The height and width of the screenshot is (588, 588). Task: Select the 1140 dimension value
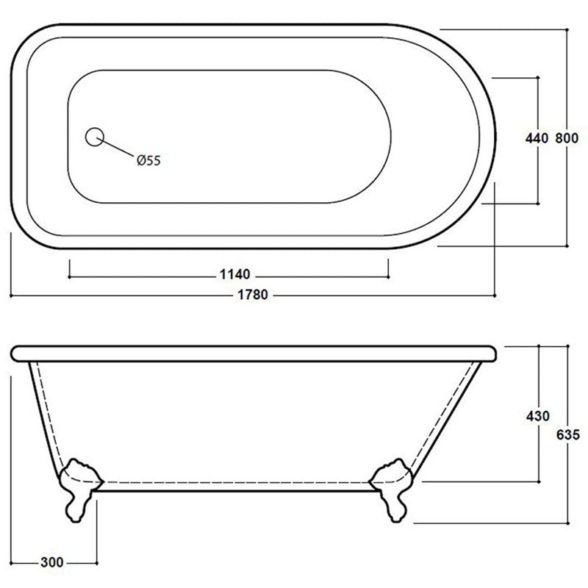tap(235, 275)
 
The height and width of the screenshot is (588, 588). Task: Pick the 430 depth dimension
tap(538, 416)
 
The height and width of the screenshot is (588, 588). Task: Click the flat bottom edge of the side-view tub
tap(235, 487)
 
